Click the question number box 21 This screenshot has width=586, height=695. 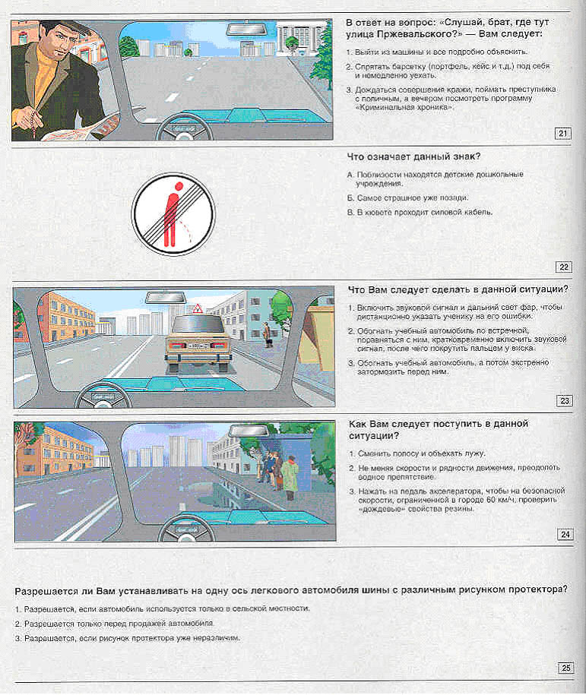click(x=563, y=134)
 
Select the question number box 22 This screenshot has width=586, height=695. click(x=563, y=267)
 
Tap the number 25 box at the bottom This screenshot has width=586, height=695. click(x=565, y=668)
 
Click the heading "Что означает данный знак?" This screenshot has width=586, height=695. click(x=413, y=158)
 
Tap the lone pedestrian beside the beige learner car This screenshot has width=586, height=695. click(x=266, y=334)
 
